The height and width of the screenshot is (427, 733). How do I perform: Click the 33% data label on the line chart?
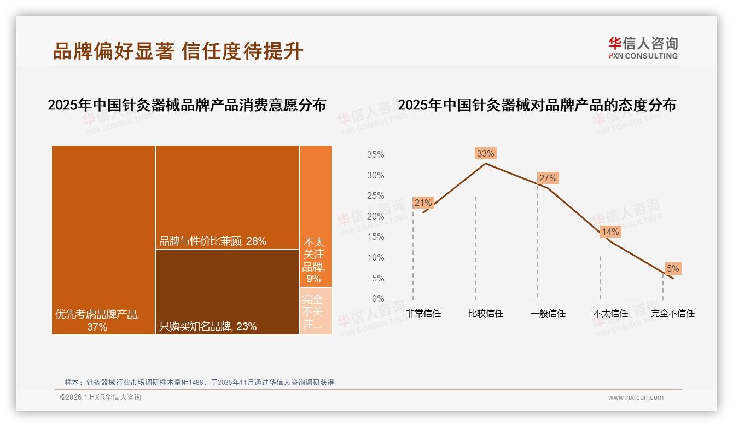coord(485,154)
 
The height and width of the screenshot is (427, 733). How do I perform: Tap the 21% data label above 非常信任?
coord(423,203)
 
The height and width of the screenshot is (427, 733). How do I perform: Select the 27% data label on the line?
coord(548,178)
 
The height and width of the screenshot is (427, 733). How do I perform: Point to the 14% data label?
coord(610,232)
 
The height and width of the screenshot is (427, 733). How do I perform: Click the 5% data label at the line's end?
coord(672,269)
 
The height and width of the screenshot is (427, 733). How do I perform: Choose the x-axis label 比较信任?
coord(485,314)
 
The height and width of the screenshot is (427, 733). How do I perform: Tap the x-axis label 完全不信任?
coord(672,314)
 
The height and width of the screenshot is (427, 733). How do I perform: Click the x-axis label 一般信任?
coord(548,314)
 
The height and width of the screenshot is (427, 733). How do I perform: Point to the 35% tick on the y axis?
coord(375,155)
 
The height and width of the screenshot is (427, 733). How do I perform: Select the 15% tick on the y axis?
coord(375,237)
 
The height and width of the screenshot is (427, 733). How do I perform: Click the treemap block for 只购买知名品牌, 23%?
coord(227,292)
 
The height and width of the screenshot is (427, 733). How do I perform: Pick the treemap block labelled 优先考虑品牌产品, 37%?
coord(103,240)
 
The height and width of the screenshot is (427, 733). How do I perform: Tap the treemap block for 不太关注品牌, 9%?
coord(316,216)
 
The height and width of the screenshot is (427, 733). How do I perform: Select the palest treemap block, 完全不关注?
coord(316,311)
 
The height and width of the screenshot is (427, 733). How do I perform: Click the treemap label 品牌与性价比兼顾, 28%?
coord(213,241)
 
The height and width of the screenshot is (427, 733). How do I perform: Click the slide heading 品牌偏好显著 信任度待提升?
coord(178,51)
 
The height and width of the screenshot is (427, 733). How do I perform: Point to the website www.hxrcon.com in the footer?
coord(636,397)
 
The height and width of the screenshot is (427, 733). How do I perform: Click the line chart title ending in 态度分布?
coord(537,105)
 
